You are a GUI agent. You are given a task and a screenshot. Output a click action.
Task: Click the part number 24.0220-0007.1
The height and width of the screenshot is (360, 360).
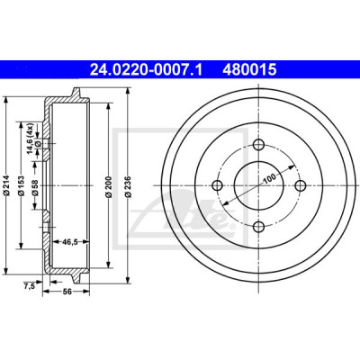click(x=147, y=70)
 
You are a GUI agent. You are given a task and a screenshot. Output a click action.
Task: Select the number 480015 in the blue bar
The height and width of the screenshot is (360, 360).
click(x=249, y=70)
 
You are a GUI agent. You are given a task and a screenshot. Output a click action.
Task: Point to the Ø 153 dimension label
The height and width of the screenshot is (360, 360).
click(x=21, y=185)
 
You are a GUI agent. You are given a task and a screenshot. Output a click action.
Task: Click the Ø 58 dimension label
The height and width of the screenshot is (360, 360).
click(x=35, y=188)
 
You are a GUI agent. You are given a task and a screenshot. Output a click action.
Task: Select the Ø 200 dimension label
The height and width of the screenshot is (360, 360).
click(x=109, y=186)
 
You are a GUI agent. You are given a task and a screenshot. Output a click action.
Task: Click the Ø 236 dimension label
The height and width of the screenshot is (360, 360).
click(x=129, y=186)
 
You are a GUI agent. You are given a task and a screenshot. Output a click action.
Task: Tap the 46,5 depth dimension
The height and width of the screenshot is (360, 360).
click(x=69, y=241)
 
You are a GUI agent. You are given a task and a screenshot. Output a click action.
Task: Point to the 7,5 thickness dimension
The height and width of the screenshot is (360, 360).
click(x=29, y=285)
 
